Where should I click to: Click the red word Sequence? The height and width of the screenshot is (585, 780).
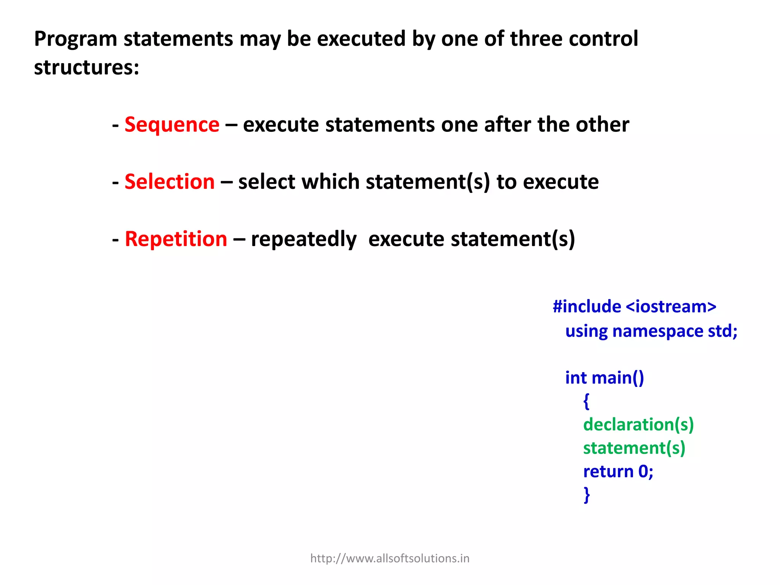click(172, 125)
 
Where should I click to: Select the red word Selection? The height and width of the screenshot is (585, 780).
click(169, 182)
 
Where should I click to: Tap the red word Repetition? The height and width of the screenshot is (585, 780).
click(176, 239)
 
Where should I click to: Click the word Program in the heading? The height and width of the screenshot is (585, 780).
click(75, 39)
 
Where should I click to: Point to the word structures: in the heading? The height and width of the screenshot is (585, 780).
click(86, 67)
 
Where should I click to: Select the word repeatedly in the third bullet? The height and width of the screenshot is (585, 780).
click(304, 240)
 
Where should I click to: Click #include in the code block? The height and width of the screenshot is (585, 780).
click(587, 307)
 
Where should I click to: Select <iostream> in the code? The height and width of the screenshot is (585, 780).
click(671, 307)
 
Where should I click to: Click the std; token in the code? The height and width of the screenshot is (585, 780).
click(722, 331)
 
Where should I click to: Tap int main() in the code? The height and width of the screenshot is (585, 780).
click(604, 378)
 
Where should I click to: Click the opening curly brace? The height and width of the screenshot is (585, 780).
click(586, 401)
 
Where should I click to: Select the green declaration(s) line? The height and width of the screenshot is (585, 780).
click(638, 425)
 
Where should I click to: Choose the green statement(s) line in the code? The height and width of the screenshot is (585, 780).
click(634, 448)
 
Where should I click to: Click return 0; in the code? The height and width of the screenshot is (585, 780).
click(618, 472)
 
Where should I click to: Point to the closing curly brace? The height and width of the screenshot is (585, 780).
click(587, 495)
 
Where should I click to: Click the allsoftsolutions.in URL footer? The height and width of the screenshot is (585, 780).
click(390, 558)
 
